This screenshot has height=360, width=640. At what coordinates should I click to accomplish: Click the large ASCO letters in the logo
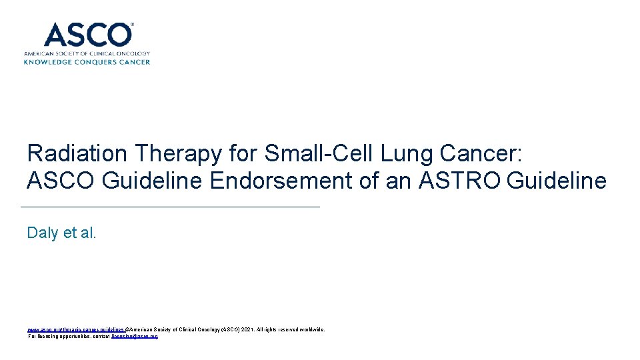[87, 35]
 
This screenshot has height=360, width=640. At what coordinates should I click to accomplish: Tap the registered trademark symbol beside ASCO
[132, 25]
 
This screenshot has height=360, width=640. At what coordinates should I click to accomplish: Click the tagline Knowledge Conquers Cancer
[87, 62]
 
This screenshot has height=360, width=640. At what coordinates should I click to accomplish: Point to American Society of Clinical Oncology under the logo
[87, 53]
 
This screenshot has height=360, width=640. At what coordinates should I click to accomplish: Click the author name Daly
[41, 233]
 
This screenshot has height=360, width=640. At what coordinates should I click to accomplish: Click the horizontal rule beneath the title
[171, 207]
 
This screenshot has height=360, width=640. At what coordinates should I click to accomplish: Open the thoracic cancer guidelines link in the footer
[75, 329]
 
